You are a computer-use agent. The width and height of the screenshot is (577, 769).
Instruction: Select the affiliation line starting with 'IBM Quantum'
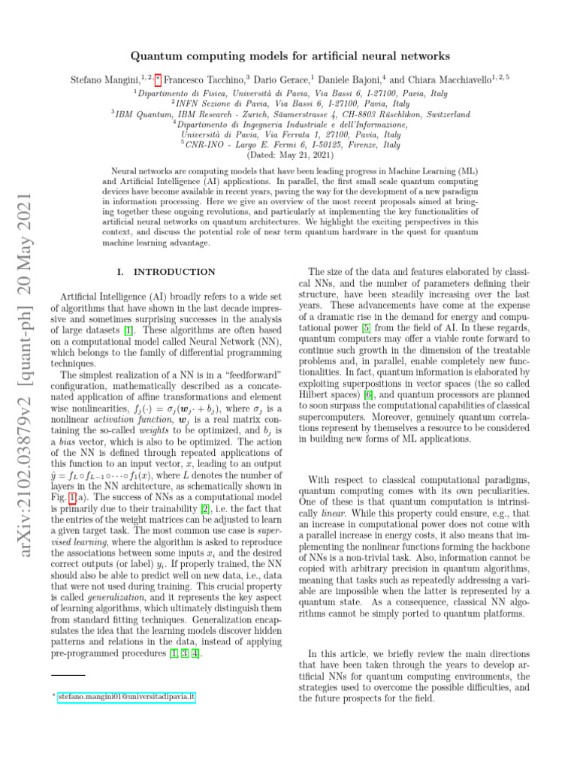coord(290,114)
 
